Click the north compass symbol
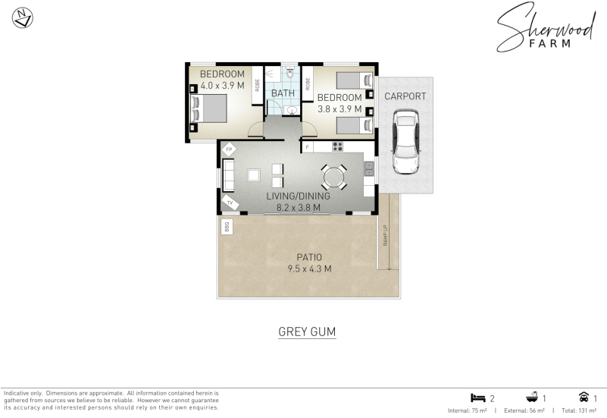[23, 18]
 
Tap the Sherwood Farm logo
[546, 27]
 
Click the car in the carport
[405, 142]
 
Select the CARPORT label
[405, 96]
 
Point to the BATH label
[283, 93]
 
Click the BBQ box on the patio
[227, 227]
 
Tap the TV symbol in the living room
[230, 203]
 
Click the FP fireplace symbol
[229, 149]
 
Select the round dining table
[333, 178]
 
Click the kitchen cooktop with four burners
[337, 146]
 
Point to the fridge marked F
[308, 147]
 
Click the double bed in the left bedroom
[208, 108]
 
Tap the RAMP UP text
[385, 235]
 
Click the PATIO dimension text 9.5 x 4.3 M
[309, 269]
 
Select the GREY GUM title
[307, 332]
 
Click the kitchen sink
[369, 168]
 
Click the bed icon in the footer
[478, 398]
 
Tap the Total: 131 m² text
[579, 410]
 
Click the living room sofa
[228, 175]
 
